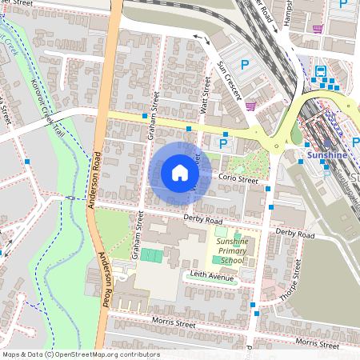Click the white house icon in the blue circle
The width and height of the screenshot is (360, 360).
tap(180, 172)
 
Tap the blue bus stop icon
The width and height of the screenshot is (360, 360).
tap(321, 71)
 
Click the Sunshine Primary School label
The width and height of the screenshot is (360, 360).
tap(232, 252)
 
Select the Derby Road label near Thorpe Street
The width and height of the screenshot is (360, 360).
tap(294, 234)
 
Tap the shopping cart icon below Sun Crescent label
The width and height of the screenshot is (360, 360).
tap(250, 105)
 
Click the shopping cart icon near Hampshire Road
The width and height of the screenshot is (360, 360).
tap(318, 29)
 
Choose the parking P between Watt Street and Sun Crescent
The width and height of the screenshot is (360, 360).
tap(223, 144)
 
